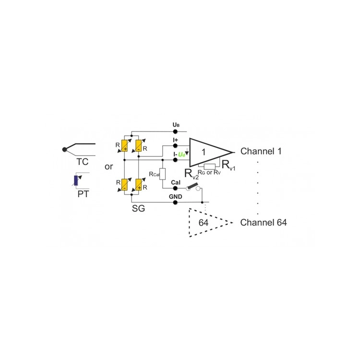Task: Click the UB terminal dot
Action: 175,132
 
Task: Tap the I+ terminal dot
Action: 175,145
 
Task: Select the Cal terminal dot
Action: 175,188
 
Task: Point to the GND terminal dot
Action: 175,202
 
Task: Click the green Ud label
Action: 181,155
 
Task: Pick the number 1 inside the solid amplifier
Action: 204,152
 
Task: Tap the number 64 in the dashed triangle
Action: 204,222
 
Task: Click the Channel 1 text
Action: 261,151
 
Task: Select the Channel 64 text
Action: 264,222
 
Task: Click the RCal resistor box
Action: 162,174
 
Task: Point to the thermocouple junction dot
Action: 64,149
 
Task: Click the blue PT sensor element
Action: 76,180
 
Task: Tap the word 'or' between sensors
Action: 109,167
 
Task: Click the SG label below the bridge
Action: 138,208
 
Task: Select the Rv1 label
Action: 228,165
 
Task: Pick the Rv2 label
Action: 192,174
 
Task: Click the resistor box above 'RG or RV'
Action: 210,167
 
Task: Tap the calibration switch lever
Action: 192,186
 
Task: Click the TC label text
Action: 83,162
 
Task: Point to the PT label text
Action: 83,194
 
